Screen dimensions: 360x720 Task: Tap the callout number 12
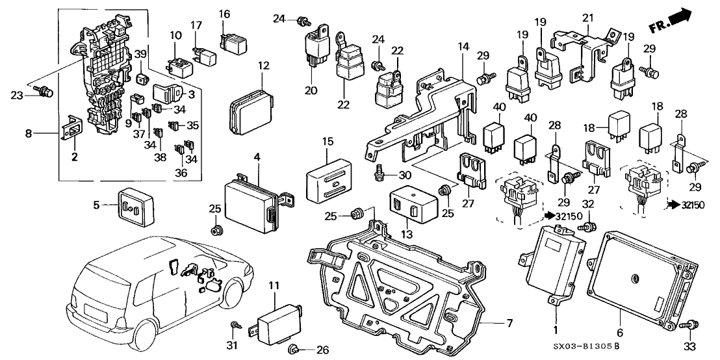click(x=263, y=66)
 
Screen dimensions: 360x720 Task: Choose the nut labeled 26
click(x=292, y=350)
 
